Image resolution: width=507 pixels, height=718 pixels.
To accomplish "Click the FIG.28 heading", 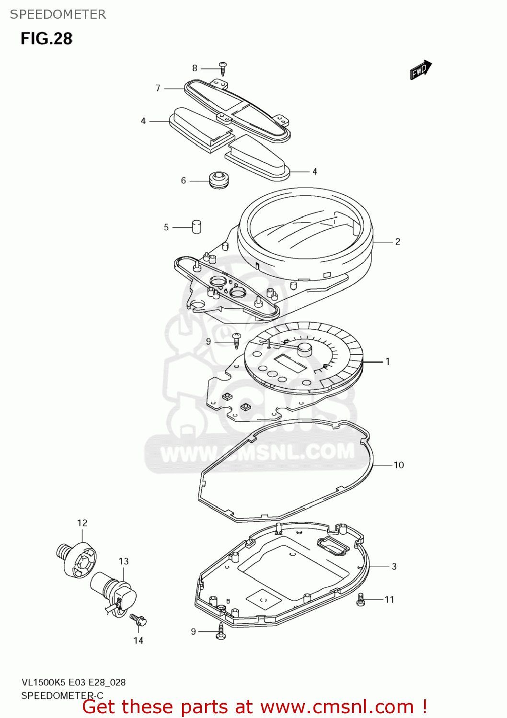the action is click(46, 39).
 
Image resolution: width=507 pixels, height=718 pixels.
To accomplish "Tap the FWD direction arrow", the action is click(420, 70).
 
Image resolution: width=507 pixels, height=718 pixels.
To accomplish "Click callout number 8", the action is click(195, 68).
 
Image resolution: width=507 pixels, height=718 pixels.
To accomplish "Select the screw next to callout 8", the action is click(223, 68).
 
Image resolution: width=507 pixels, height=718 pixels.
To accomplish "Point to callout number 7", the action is click(158, 88).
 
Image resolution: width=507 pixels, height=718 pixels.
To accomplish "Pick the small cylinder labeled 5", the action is click(196, 226).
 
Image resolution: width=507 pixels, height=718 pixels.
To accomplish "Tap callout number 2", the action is click(398, 242).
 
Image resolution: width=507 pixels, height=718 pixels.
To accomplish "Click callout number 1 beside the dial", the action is click(388, 361).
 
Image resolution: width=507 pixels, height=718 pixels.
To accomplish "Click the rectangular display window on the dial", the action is click(289, 363).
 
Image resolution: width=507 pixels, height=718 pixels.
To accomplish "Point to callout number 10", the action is click(399, 465).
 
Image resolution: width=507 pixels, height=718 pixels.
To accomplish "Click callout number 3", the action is click(394, 566).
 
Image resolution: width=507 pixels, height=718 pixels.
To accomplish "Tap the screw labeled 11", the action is click(361, 599).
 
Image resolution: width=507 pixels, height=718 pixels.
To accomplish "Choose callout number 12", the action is click(82, 523).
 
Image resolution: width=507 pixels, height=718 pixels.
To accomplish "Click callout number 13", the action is click(124, 561).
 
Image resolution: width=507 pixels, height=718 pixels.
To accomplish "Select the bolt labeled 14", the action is click(138, 619).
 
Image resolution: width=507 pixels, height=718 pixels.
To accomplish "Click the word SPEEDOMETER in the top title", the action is click(58, 14).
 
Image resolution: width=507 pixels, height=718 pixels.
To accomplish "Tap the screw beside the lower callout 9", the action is click(221, 631).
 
